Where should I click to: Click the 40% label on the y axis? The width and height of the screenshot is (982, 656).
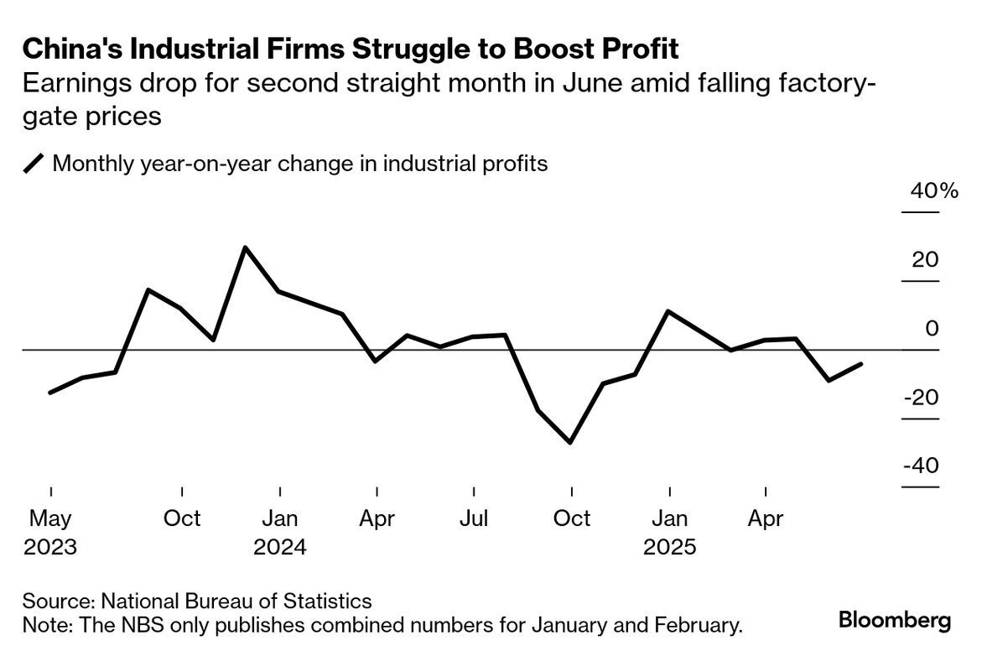pyautogui.click(x=933, y=191)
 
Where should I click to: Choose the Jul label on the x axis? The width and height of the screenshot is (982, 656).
pyautogui.click(x=474, y=518)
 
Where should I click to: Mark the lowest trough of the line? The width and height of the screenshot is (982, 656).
pyautogui.click(x=571, y=442)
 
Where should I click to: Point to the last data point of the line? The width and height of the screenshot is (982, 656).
pyautogui.click(x=861, y=364)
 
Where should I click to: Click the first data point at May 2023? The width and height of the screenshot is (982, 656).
pyautogui.click(x=50, y=392)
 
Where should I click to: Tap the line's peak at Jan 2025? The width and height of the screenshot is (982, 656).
pyautogui.click(x=668, y=311)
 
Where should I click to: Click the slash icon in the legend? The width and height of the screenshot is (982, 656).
pyautogui.click(x=34, y=163)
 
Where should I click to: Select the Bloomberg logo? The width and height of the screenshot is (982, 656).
pyautogui.click(x=895, y=622)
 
